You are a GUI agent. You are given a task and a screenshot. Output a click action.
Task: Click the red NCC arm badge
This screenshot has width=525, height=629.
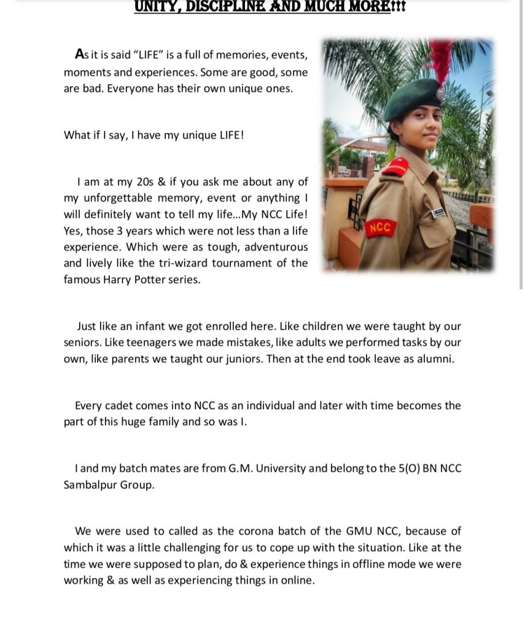381,229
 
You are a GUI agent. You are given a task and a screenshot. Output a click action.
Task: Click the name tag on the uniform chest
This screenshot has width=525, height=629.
438,213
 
